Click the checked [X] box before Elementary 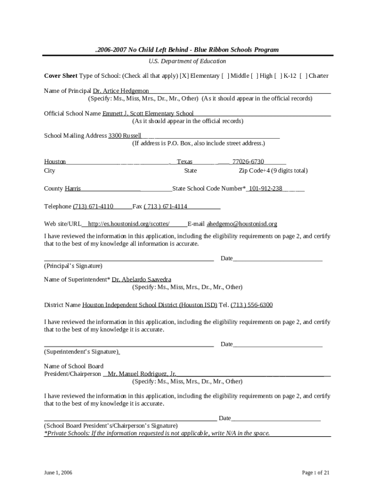(x=184, y=76)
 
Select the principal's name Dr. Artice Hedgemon (x=121, y=91)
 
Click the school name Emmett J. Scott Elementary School (x=148, y=113)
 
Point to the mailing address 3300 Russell (x=125, y=136)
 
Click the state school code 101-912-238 (x=265, y=189)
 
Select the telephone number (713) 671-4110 (x=93, y=206)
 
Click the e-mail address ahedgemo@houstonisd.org (x=242, y=224)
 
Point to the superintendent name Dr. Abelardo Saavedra (x=141, y=280)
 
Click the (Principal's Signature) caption (x=73, y=266)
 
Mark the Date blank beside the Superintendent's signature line (x=278, y=344)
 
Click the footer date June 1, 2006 (x=58, y=472)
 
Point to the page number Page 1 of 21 (x=316, y=472)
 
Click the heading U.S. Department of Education (x=187, y=61)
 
